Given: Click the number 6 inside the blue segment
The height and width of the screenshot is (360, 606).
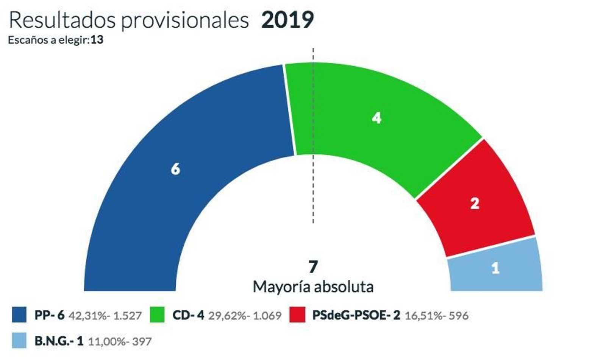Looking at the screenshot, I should pyautogui.click(x=175, y=169).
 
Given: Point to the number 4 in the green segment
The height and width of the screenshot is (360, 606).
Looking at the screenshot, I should pyautogui.click(x=376, y=118).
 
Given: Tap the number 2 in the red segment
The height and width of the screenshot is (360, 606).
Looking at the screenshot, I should pyautogui.click(x=475, y=203).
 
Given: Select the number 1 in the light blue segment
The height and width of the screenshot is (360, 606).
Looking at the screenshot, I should pyautogui.click(x=495, y=268).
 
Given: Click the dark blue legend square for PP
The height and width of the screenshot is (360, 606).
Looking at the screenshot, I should pyautogui.click(x=19, y=315).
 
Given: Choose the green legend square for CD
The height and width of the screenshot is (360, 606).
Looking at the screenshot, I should pyautogui.click(x=157, y=315).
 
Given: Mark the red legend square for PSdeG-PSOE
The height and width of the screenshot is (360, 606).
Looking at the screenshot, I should pyautogui.click(x=297, y=315).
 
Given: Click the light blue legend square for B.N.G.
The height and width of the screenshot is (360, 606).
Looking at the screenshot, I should pyautogui.click(x=19, y=341).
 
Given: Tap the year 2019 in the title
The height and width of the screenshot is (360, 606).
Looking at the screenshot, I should pyautogui.click(x=287, y=20).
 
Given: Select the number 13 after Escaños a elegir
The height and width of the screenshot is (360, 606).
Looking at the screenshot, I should pyautogui.click(x=97, y=40).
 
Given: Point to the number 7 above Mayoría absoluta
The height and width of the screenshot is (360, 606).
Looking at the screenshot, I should pyautogui.click(x=313, y=267).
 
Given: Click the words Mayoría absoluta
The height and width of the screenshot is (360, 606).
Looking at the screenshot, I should pyautogui.click(x=313, y=287).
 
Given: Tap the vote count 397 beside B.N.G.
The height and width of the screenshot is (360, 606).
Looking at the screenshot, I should pyautogui.click(x=142, y=341).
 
